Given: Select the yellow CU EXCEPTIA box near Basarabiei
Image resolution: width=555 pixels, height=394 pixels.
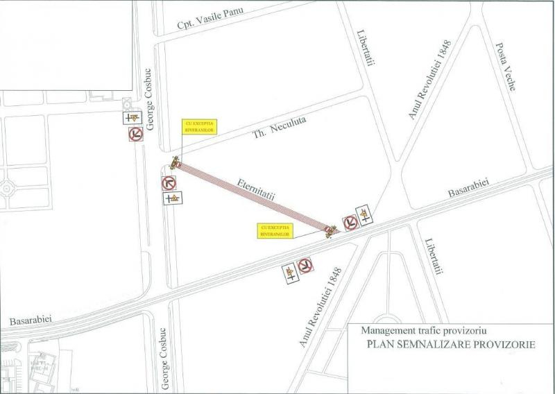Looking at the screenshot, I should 273,230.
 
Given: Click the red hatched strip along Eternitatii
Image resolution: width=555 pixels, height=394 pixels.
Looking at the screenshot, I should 254,197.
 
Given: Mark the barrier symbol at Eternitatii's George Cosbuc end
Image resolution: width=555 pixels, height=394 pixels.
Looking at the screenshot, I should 176,164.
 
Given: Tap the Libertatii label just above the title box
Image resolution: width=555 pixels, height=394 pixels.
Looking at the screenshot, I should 432,257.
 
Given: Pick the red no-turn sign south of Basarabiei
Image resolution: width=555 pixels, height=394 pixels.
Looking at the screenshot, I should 305,266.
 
